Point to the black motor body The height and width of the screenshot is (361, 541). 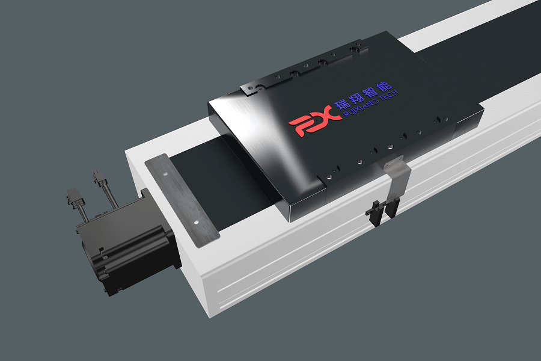click(x=120, y=253)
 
